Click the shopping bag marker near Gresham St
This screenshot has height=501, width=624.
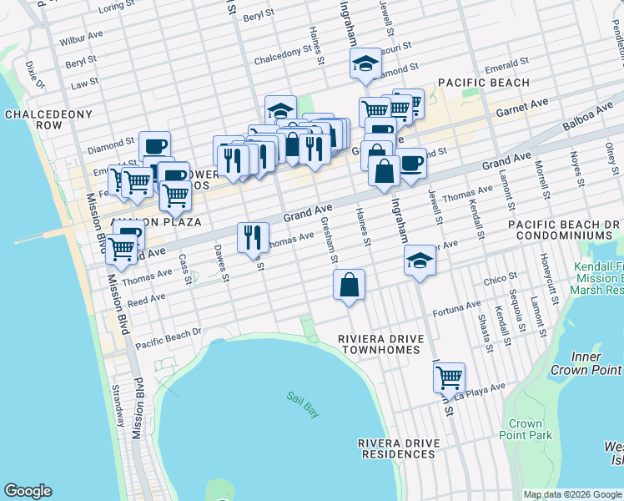coord(349,285)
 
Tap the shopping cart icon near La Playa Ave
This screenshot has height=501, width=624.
coord(449,377)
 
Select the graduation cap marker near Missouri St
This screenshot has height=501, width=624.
coord(365,63)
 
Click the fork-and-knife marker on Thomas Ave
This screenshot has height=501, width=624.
coord(253,237)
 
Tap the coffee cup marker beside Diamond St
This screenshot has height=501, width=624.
coord(154,146)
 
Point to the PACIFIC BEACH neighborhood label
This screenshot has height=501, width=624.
coord(483,83)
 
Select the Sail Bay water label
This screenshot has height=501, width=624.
coord(303,406)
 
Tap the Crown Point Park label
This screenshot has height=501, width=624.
coord(526,429)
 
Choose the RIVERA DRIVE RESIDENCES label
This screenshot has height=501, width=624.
coord(396,448)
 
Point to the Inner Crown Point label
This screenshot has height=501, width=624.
coord(587,363)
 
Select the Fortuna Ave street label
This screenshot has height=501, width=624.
coord(458,310)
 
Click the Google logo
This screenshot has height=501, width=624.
coord(28,491)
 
